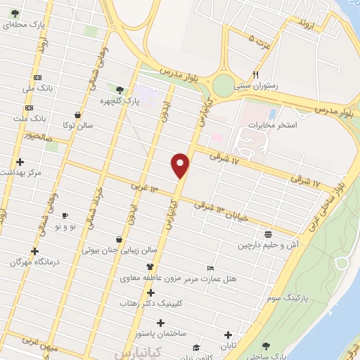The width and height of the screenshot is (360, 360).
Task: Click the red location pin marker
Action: (181, 165)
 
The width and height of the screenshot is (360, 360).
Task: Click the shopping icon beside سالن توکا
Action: (77, 115)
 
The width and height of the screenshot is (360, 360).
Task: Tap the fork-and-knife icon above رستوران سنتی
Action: (256, 74)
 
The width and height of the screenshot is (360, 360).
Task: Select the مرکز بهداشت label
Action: (22, 172)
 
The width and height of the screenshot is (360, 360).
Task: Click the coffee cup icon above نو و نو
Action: (65, 215)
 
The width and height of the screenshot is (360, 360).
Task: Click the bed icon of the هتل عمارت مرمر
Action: (210, 268)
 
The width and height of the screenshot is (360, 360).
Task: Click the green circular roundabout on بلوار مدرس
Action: (223, 86)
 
